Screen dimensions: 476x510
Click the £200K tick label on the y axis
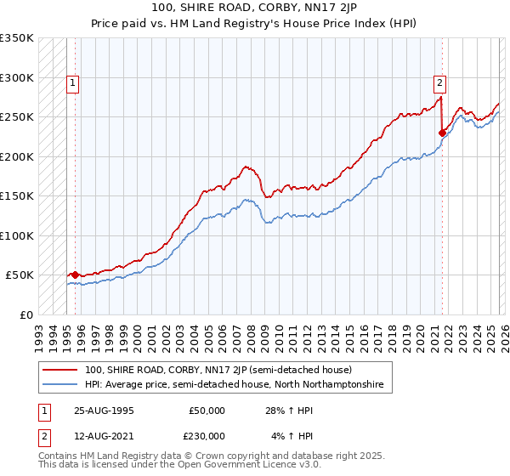pyautogui.click(x=17, y=156)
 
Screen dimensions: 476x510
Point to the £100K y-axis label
pyautogui.click(x=17, y=235)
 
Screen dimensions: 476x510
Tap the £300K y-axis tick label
pyautogui.click(x=17, y=77)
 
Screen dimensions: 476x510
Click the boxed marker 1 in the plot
pyautogui.click(x=74, y=83)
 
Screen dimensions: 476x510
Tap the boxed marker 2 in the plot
pyautogui.click(x=439, y=83)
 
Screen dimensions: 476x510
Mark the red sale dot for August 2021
pyautogui.click(x=442, y=133)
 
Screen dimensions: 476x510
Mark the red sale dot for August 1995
pyautogui.click(x=75, y=275)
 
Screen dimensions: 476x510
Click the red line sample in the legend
pyautogui.click(x=59, y=370)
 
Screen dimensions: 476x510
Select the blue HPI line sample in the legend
pyautogui.click(x=59, y=385)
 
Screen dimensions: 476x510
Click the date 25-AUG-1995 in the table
pyautogui.click(x=105, y=411)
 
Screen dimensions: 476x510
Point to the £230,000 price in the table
pyautogui.click(x=206, y=436)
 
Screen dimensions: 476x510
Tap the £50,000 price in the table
pyautogui.click(x=206, y=411)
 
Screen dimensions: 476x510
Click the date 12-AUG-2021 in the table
pyautogui.click(x=105, y=436)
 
